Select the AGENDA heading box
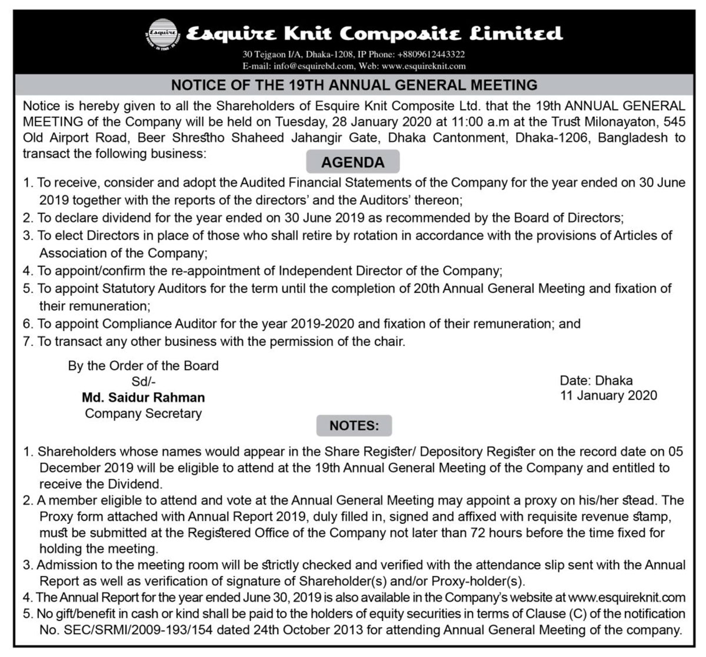(353, 162)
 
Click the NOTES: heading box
(354, 426)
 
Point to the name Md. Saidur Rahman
(144, 398)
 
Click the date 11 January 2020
(608, 396)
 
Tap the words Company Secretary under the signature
(144, 413)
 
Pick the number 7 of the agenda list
(27, 341)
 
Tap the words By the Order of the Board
(144, 366)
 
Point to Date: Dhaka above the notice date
(596, 380)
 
